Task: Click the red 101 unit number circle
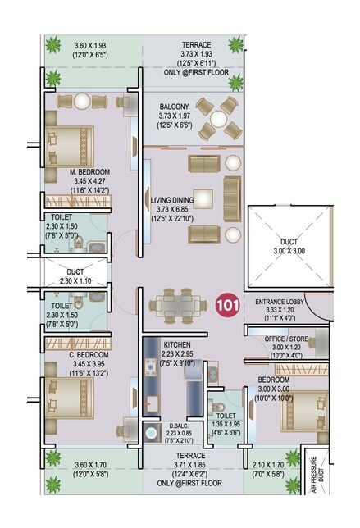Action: coord(228,305)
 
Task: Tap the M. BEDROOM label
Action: coord(79,172)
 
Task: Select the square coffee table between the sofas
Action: coord(203,198)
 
